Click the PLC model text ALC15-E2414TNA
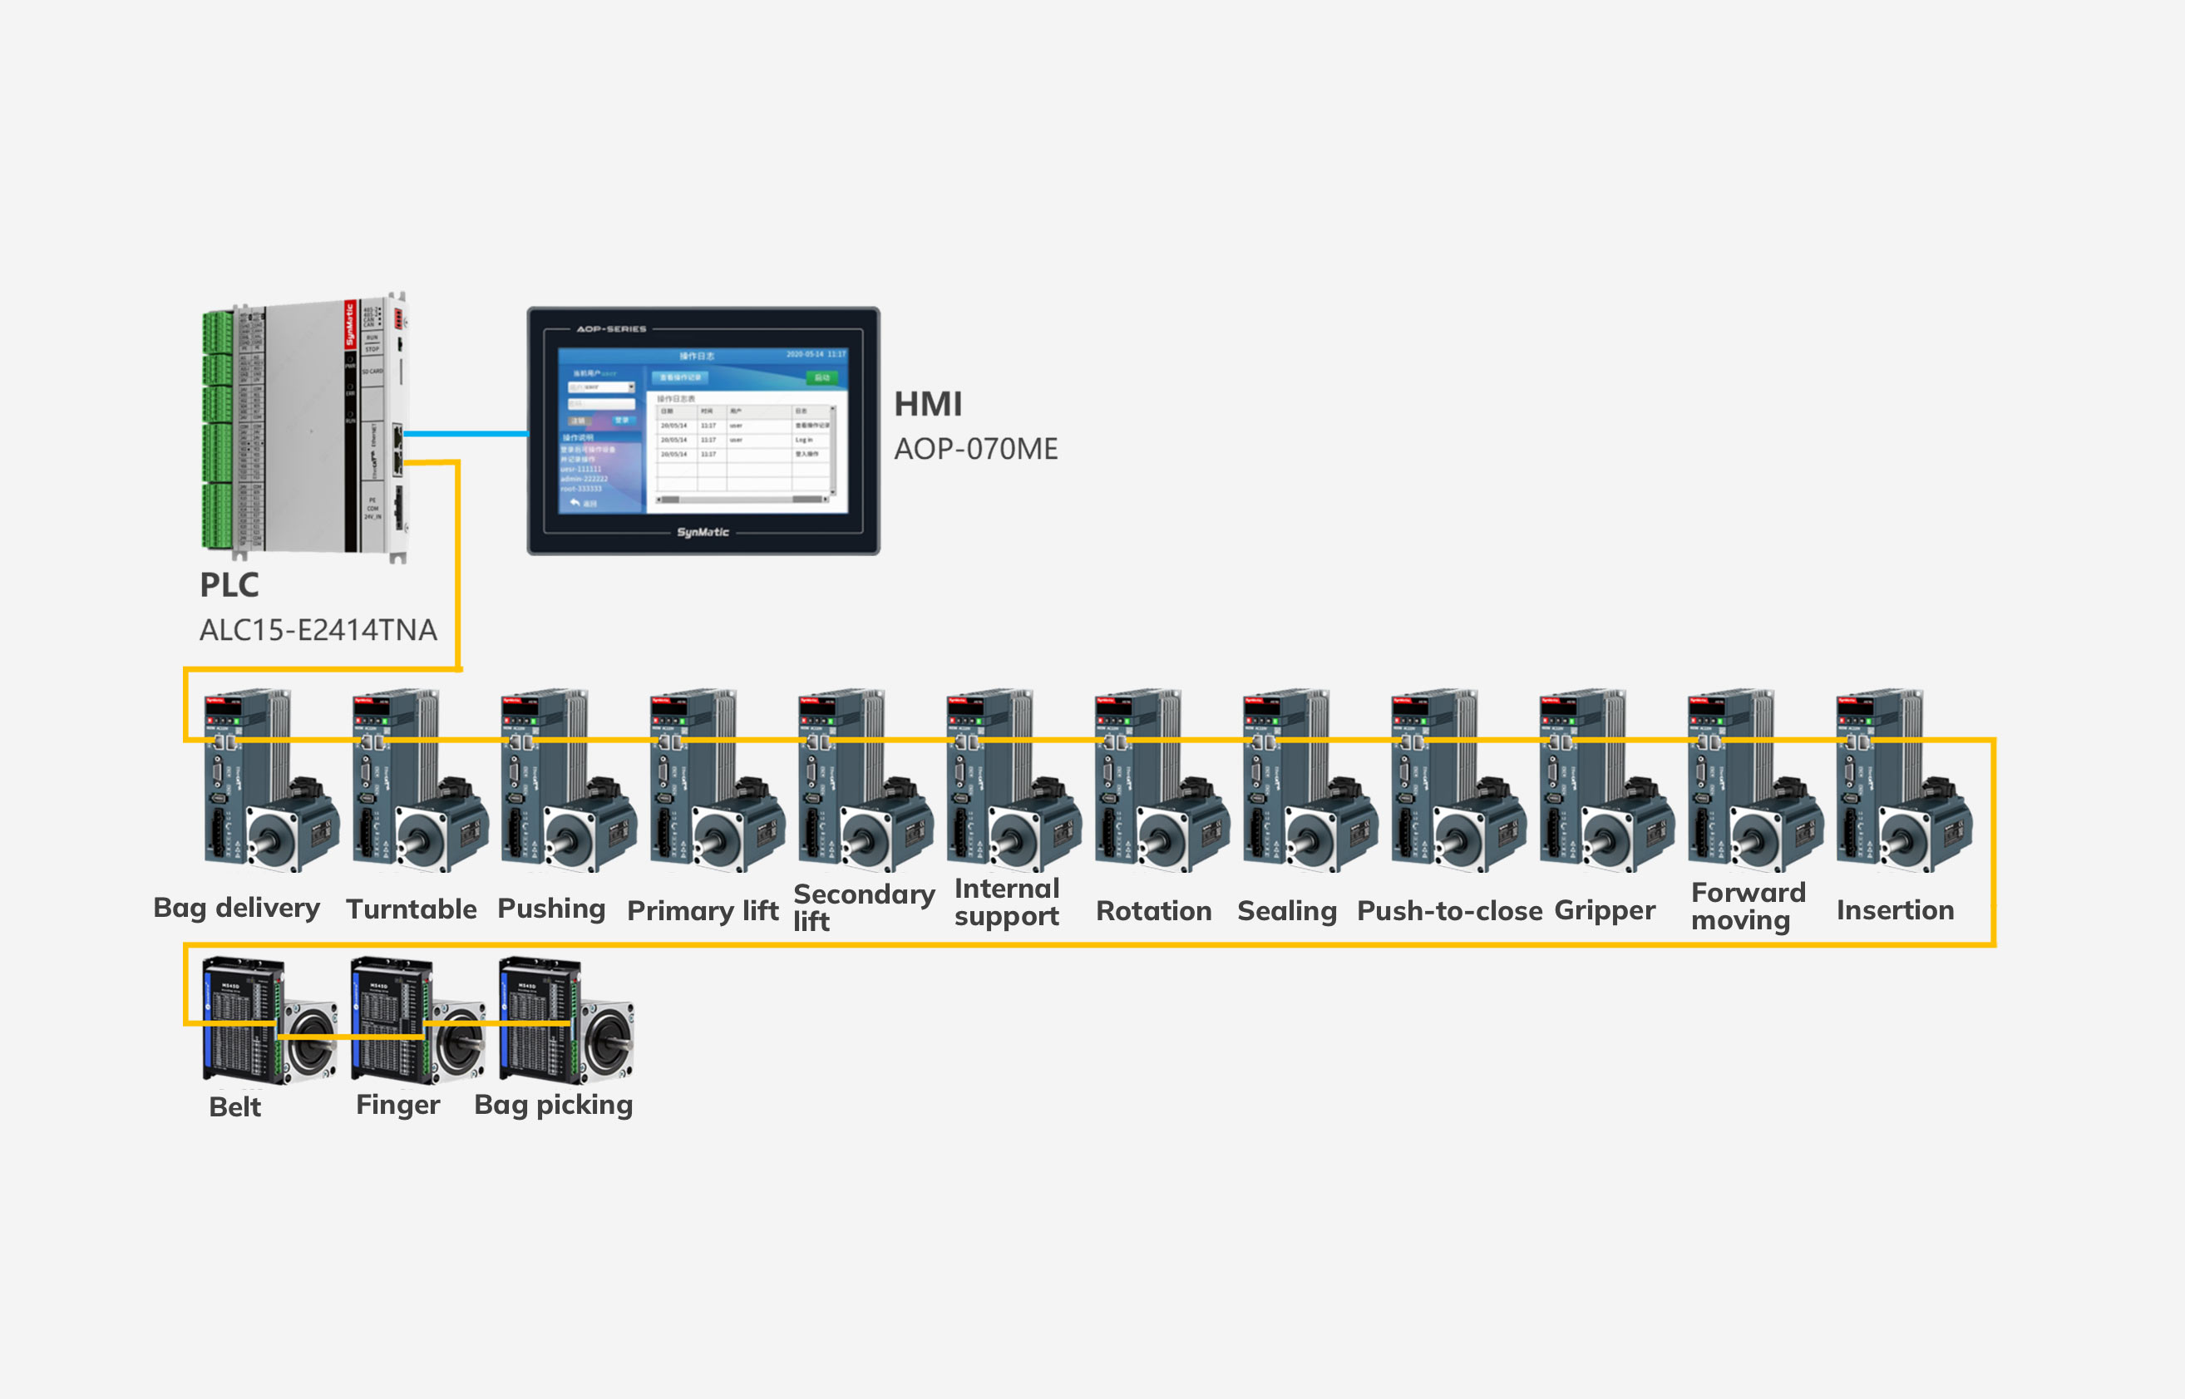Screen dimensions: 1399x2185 [318, 629]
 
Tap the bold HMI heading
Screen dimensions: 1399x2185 [928, 404]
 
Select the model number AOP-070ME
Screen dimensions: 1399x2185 [976, 449]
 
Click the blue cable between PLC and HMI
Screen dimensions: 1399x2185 [465, 433]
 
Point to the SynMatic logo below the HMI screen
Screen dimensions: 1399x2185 [703, 532]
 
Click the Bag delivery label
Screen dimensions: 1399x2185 [236, 908]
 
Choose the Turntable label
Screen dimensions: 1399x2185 [411, 909]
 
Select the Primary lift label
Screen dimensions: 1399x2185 [703, 910]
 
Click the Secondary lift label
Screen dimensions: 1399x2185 [863, 907]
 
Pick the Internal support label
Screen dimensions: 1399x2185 [1007, 902]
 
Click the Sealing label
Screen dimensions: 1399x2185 [1286, 910]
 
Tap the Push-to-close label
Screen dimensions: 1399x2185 [1449, 910]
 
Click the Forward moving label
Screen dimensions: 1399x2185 [1748, 906]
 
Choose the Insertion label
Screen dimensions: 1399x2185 [1895, 909]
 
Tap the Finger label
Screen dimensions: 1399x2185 [398, 1105]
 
